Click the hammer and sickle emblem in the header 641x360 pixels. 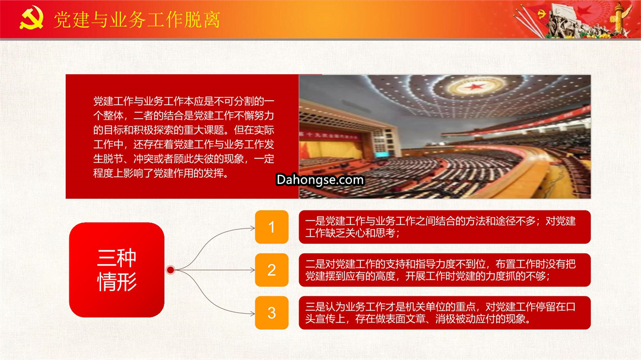(x=31, y=18)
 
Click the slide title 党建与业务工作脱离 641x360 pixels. (x=137, y=20)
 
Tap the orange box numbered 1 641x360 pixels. (x=271, y=227)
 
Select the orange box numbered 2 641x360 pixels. (x=271, y=270)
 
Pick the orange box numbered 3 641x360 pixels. (x=271, y=313)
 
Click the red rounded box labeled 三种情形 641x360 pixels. (x=116, y=270)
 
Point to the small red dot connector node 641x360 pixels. (x=170, y=270)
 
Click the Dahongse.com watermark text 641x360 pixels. (x=320, y=180)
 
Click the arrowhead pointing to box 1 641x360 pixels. (x=253, y=228)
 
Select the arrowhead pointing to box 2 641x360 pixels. (x=253, y=270)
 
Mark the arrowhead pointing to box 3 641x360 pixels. (x=253, y=314)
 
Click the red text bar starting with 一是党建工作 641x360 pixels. (x=445, y=227)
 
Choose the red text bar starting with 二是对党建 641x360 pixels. (x=445, y=270)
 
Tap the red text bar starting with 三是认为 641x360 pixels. (x=445, y=313)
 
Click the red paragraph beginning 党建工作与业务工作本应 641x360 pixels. (x=183, y=137)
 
